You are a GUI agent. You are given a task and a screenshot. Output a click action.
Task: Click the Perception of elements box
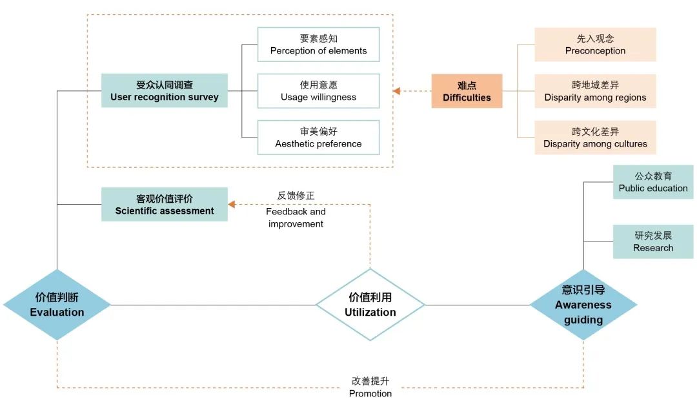tap(318, 45)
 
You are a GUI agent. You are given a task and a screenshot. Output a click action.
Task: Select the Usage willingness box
tap(318, 91)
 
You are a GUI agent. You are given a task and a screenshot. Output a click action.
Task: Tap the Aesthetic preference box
tap(318, 138)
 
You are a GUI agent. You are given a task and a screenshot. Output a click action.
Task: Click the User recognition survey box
tap(165, 90)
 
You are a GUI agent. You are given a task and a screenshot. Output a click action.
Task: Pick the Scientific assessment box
tap(165, 204)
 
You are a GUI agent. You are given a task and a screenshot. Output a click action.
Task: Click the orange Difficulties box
tap(467, 91)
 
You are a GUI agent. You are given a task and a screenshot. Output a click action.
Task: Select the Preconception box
tap(595, 45)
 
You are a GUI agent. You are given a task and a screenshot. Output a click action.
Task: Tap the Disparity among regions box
tap(595, 91)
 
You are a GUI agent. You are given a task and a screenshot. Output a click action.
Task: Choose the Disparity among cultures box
tap(595, 138)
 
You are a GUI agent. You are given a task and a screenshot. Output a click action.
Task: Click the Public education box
tap(653, 182)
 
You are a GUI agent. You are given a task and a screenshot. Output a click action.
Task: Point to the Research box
tap(653, 242)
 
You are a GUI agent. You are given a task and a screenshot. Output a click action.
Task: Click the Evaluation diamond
tap(57, 305)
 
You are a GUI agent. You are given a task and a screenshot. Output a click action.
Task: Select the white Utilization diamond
tap(370, 305)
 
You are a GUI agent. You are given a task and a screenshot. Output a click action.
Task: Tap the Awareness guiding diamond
tap(583, 305)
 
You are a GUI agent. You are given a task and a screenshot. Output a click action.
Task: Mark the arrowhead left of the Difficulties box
tap(397, 91)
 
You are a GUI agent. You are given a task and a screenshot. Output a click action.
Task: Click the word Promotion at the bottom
tap(370, 393)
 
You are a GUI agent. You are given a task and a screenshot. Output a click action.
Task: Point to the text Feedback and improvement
tap(296, 218)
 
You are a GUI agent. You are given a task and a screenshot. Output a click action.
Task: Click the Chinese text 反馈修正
tap(296, 195)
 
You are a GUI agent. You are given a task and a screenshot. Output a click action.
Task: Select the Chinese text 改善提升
tap(370, 381)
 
